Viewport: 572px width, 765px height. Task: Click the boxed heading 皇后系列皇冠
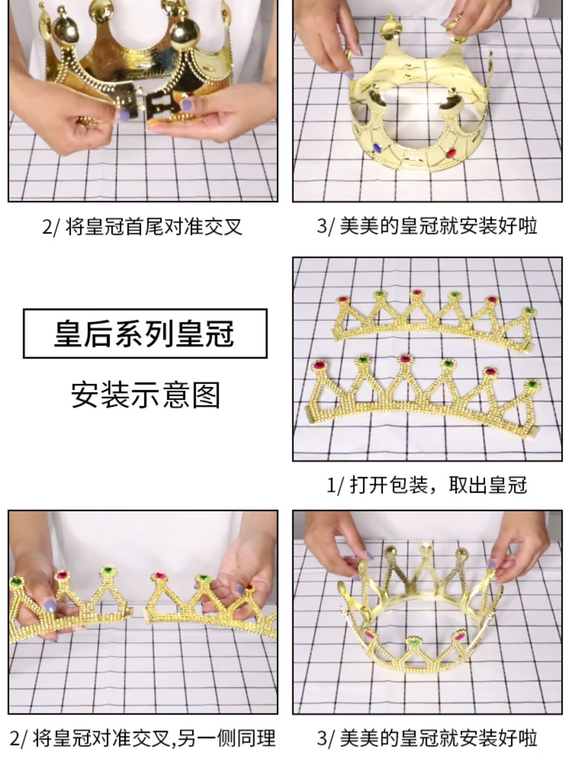click(145, 333)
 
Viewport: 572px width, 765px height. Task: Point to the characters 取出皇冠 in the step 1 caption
click(488, 485)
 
